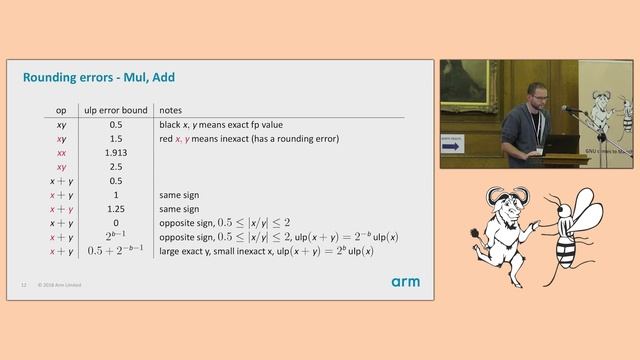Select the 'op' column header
[61, 109]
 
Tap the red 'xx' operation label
[61, 153]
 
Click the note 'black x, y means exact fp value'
[220, 125]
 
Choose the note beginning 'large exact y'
[266, 251]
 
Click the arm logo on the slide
[405, 282]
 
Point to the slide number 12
[23, 285]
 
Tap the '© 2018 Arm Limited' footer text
[59, 285]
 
